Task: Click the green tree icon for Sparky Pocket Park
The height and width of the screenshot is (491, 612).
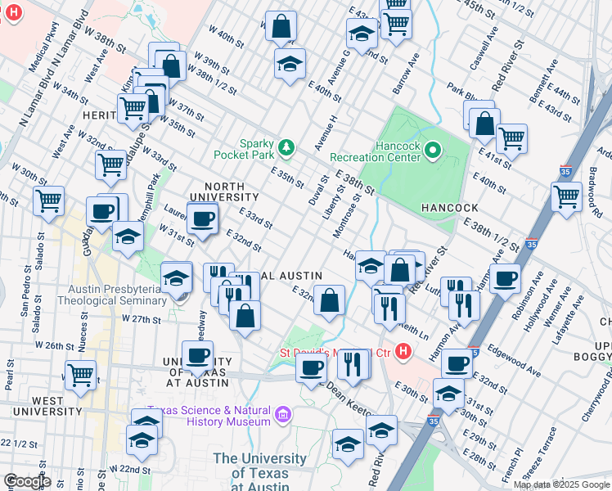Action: coord(286,147)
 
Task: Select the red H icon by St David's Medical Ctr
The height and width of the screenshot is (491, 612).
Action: coord(402,353)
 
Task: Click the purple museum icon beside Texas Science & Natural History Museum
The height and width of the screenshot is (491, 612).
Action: coord(283,415)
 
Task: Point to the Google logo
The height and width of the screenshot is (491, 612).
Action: coord(27,482)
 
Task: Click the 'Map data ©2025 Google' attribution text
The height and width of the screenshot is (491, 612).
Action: coord(561,484)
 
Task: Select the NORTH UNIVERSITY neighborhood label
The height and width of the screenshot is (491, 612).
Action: coord(223,191)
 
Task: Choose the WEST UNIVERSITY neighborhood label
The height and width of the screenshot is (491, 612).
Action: coord(37,407)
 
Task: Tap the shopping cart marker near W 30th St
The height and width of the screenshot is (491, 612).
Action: coord(49,200)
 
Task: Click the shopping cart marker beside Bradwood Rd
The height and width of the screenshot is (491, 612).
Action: coord(566,196)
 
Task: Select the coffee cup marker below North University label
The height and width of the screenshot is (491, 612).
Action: coord(202,218)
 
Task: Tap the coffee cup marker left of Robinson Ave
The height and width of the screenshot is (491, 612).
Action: coord(505,279)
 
